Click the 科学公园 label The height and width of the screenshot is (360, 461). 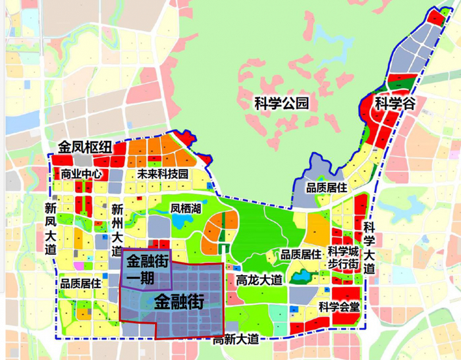[281, 103]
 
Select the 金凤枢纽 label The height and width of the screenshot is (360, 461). [84, 146]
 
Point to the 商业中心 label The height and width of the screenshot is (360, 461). [81, 174]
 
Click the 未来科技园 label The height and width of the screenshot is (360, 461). [163, 174]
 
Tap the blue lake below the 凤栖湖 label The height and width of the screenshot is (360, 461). [179, 222]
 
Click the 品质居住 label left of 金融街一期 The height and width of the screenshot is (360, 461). [80, 284]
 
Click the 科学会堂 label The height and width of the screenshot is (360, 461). [339, 306]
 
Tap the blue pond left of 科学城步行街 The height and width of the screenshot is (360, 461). [301, 277]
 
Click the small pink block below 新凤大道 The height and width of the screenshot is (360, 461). [79, 266]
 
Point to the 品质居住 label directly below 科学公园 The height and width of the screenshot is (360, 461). [326, 188]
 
